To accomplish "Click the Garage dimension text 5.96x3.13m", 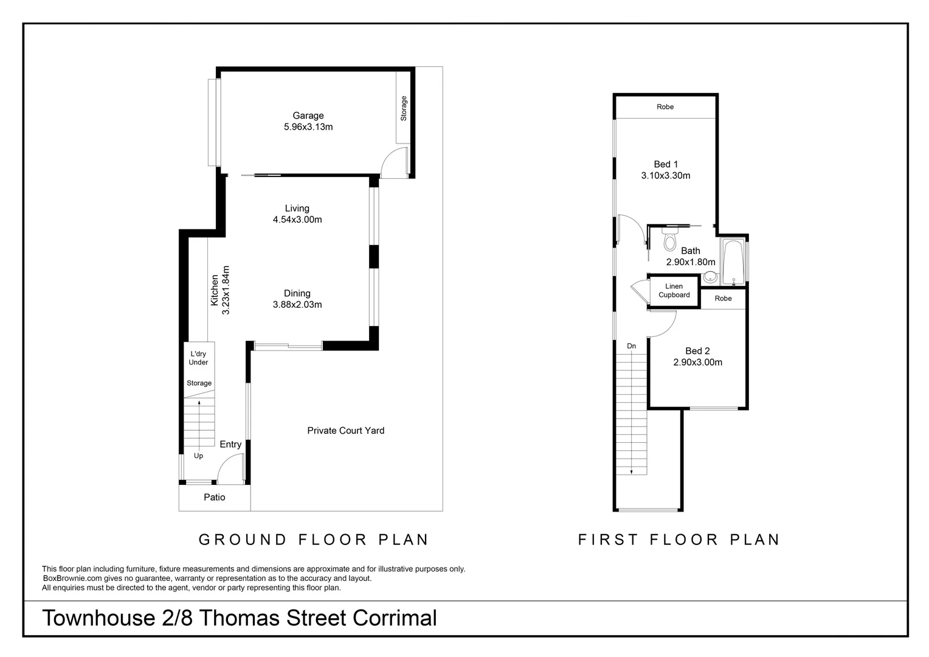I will (x=308, y=127).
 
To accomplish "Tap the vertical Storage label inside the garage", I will (x=403, y=108).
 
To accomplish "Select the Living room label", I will (x=297, y=208).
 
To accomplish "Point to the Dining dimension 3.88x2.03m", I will (x=297, y=305).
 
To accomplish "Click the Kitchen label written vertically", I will (x=215, y=290).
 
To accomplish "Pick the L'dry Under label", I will (x=198, y=358).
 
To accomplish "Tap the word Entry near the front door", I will (x=230, y=445).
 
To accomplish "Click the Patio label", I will (x=214, y=497).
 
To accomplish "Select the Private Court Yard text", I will (x=345, y=431).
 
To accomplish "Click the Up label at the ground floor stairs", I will (x=198, y=456).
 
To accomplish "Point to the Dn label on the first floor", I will (x=631, y=346).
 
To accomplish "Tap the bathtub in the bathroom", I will (x=733, y=262).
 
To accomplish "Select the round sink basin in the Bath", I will (x=710, y=278).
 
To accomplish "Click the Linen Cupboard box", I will (x=674, y=291).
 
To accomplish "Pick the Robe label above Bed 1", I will (x=665, y=107).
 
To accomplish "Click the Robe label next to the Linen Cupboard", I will (x=723, y=299).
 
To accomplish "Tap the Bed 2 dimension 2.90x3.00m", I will (x=697, y=363).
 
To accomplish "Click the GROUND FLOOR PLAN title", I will (x=314, y=540).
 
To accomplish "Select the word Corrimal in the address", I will (x=395, y=618).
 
